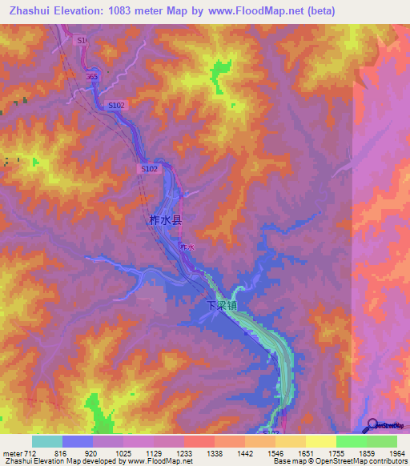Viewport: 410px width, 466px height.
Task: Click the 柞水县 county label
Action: click(x=166, y=219)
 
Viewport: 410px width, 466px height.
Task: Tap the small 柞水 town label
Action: click(x=187, y=248)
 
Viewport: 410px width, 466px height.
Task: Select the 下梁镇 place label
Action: click(x=222, y=306)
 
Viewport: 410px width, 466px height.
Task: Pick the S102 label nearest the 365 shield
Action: click(x=118, y=105)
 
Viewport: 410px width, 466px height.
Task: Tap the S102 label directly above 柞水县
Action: click(x=150, y=169)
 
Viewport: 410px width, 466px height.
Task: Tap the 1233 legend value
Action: click(x=184, y=452)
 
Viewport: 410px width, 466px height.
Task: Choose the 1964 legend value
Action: click(x=387, y=452)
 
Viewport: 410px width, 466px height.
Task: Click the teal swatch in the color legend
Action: click(x=47, y=441)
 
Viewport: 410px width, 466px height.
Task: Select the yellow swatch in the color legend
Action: click(x=320, y=441)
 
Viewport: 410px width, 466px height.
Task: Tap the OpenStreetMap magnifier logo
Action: click(x=373, y=425)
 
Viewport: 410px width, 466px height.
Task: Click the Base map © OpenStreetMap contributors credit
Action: click(x=340, y=461)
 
